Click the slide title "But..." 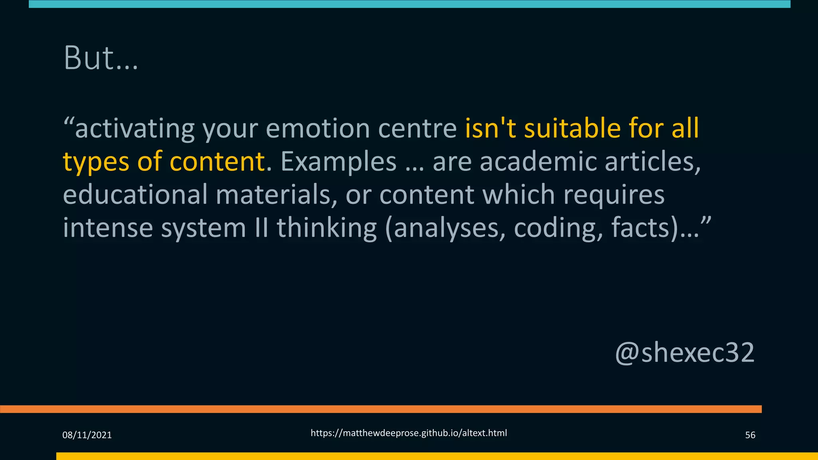tap(101, 58)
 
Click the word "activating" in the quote tap(135, 129)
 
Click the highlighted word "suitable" tap(572, 129)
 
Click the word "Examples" tap(338, 162)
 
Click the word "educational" tap(135, 194)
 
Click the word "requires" tap(614, 194)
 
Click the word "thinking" tap(327, 228)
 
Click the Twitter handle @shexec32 tap(685, 353)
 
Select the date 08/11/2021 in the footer tap(87, 435)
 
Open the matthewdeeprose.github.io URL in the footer tap(409, 433)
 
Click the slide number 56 tap(750, 435)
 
